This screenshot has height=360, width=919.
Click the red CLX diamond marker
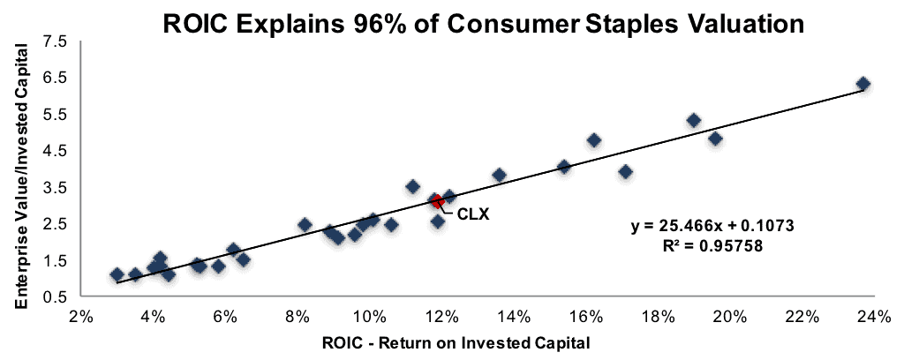coord(437,201)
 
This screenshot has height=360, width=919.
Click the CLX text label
coord(473,214)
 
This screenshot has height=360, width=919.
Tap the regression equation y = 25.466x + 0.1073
coord(712,226)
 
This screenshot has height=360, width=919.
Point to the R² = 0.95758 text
coord(712,246)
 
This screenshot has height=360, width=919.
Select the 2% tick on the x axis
coord(81,317)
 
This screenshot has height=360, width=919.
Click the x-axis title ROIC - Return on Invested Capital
coord(456,342)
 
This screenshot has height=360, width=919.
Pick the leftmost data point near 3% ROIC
coord(117,274)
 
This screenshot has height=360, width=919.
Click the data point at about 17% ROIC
coord(625,171)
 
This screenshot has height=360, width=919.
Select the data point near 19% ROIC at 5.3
coord(694,121)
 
